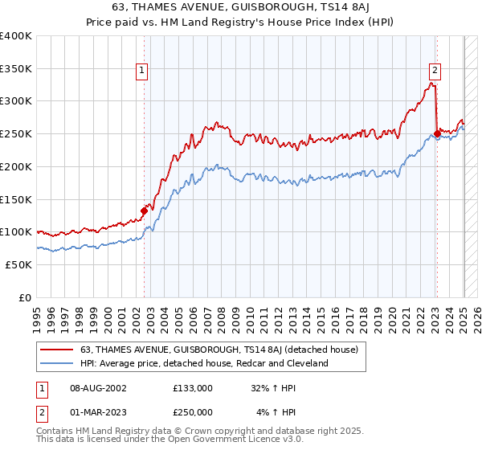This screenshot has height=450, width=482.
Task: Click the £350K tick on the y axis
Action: click(x=17, y=69)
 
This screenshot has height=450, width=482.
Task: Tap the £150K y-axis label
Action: click(x=17, y=199)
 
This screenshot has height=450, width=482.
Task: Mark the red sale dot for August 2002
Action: click(x=145, y=211)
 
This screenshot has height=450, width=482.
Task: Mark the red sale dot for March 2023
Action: click(x=437, y=134)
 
